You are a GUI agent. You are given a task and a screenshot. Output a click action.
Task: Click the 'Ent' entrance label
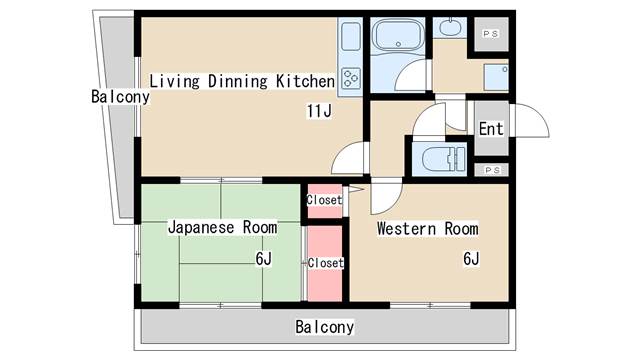pos(490,129)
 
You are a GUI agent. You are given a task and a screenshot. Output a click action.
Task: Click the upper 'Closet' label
pos(324,200)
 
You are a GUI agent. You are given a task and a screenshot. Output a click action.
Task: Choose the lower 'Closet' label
pos(325,263)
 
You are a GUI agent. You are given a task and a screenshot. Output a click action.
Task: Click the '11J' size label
pos(318,110)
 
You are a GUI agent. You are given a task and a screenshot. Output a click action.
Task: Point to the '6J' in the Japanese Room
pos(263,259)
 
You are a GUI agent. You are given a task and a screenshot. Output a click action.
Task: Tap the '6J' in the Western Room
pos(471,259)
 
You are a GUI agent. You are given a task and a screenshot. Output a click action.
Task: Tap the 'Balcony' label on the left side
pos(119,97)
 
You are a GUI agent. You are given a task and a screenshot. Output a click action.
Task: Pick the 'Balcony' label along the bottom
pos(324,327)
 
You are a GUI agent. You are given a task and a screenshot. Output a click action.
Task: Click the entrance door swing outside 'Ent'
pos(532,125)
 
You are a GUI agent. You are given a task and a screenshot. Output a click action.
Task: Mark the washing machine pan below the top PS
pos(494,77)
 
